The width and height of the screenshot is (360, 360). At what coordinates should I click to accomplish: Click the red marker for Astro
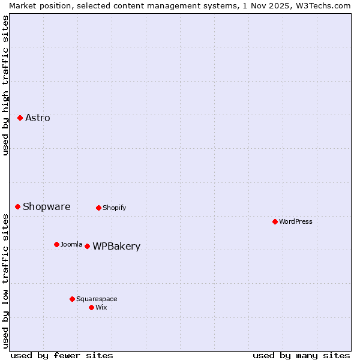pos(20,118)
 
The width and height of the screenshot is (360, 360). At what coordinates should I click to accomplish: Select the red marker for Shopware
pos(17,206)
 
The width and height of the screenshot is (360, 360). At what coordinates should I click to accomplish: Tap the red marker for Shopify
pos(98,208)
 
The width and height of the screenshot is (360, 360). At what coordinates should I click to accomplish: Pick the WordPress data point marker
pos(275,221)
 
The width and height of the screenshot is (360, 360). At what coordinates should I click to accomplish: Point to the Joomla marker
pos(56,244)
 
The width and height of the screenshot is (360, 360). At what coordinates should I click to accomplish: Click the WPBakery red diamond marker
pos(87,246)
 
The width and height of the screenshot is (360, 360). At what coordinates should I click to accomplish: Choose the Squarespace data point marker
pos(72,299)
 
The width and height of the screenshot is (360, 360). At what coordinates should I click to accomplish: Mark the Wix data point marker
pos(91,307)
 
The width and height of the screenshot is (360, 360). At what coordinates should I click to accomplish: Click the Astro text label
pos(38,118)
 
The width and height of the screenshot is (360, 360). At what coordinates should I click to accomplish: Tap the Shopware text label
pos(47,206)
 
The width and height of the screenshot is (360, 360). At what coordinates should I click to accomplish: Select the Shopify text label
pos(114,208)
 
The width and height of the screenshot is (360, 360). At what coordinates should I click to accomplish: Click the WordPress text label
pos(296,221)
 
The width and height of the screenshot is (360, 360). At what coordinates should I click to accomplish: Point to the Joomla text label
pos(71,244)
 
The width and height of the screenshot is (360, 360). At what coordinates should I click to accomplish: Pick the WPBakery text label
pos(116,246)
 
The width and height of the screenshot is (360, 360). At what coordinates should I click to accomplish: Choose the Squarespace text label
pos(97,299)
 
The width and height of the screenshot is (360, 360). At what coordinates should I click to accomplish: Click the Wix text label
pos(101,307)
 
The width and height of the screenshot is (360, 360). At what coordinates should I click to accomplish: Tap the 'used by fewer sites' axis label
pos(62,355)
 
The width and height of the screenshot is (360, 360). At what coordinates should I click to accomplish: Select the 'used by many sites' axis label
pos(301,355)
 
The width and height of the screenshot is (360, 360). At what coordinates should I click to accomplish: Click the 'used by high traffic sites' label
pos(5,85)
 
